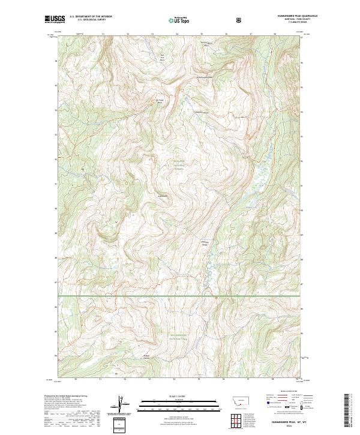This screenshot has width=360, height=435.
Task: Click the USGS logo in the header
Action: point(55,19)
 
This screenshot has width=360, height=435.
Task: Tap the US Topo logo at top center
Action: point(180,20)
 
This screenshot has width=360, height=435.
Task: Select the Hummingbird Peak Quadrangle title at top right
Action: point(283,16)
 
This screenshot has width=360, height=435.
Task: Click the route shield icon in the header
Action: point(239,20)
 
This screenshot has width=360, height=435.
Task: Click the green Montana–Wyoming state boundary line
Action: point(180,295)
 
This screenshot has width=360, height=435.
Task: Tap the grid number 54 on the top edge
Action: point(176,34)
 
